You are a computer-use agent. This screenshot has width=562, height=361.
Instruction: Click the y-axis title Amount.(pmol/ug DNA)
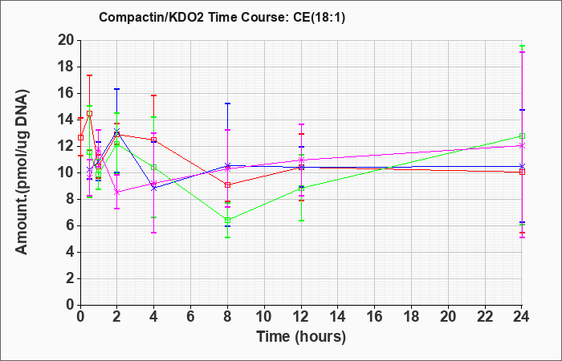(22, 172)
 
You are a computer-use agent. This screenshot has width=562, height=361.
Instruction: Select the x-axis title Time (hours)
(301, 337)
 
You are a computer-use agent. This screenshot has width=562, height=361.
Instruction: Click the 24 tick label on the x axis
(521, 317)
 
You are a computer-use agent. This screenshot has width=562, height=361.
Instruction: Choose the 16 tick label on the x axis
(374, 317)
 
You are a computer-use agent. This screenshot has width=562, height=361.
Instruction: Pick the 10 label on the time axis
(264, 317)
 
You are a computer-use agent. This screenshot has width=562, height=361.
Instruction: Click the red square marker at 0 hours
(80, 137)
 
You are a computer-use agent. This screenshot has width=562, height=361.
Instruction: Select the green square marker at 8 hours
(227, 221)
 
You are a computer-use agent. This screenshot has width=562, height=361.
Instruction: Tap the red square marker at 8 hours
(227, 185)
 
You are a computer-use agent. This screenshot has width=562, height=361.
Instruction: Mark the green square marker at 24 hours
(522, 136)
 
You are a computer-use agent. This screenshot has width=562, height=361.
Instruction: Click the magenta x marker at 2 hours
(116, 193)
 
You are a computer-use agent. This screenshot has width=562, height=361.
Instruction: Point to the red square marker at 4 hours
(154, 140)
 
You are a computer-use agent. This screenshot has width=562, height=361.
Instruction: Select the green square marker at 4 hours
(154, 167)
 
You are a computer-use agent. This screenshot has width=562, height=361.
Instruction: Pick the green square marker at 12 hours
(301, 188)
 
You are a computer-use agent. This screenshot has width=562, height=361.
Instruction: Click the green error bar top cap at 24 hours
(522, 46)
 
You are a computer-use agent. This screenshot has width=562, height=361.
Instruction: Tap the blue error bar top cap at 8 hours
(227, 103)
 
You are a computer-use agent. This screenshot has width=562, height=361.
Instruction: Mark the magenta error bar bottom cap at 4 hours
(154, 233)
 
